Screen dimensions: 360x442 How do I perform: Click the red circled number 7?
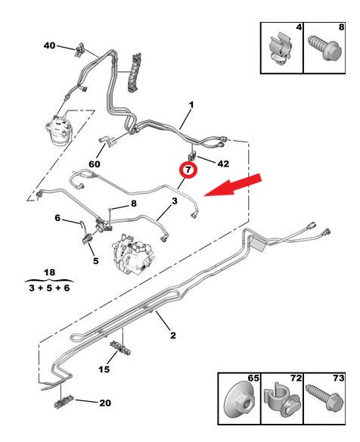(x=188, y=170)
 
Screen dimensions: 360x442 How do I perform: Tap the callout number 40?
(x=50, y=45)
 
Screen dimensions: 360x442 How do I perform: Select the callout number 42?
(x=223, y=163)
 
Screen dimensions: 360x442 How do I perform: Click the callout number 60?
(x=95, y=164)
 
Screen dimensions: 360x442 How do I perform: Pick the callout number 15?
(x=104, y=369)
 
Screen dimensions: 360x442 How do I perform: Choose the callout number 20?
(x=105, y=403)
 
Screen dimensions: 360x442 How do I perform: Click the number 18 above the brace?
(x=50, y=272)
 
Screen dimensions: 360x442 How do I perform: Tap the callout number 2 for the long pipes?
(x=173, y=335)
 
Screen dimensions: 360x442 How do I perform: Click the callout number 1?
(x=191, y=105)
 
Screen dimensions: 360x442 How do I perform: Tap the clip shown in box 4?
(x=281, y=48)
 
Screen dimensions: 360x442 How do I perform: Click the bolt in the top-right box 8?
(x=325, y=48)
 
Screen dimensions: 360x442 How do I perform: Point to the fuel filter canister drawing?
(x=58, y=129)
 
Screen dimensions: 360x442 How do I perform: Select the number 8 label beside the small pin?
(x=134, y=204)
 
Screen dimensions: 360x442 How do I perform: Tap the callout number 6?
(x=57, y=218)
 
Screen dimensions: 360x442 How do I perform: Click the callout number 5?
(x=96, y=261)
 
